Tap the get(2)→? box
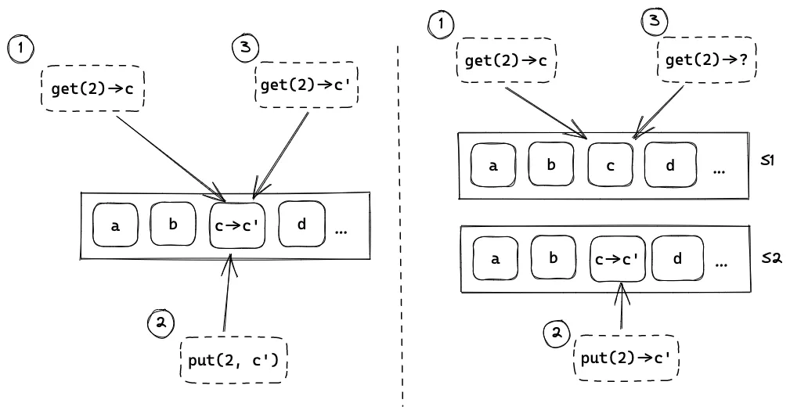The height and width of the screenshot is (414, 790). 704,59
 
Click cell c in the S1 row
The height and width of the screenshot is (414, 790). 610,165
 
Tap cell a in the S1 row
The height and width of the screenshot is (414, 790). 492,166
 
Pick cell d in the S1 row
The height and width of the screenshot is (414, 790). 671,165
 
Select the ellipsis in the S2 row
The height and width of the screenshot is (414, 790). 721,264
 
